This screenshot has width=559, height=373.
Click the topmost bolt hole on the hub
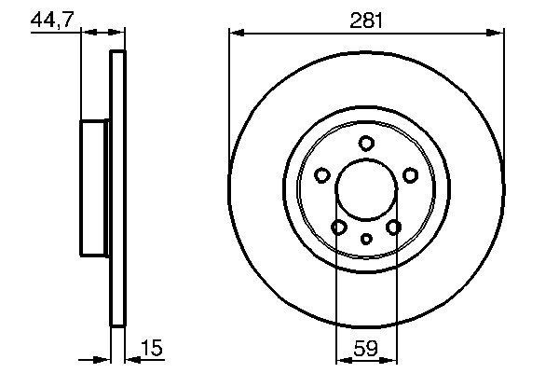click(366, 143)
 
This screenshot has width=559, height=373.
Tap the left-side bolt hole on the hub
click(322, 174)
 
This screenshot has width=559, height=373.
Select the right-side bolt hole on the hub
click(410, 174)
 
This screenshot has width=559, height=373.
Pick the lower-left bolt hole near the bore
click(339, 228)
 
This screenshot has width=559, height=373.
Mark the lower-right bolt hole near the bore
click(393, 228)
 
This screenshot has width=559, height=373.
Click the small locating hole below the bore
click(366, 239)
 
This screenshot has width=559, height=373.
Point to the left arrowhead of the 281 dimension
click(235, 33)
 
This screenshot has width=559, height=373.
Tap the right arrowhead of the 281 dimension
click(498, 33)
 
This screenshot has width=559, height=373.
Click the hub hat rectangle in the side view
click(95, 189)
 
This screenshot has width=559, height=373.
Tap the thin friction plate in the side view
click(117, 189)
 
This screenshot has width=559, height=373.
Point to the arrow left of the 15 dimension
click(104, 360)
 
